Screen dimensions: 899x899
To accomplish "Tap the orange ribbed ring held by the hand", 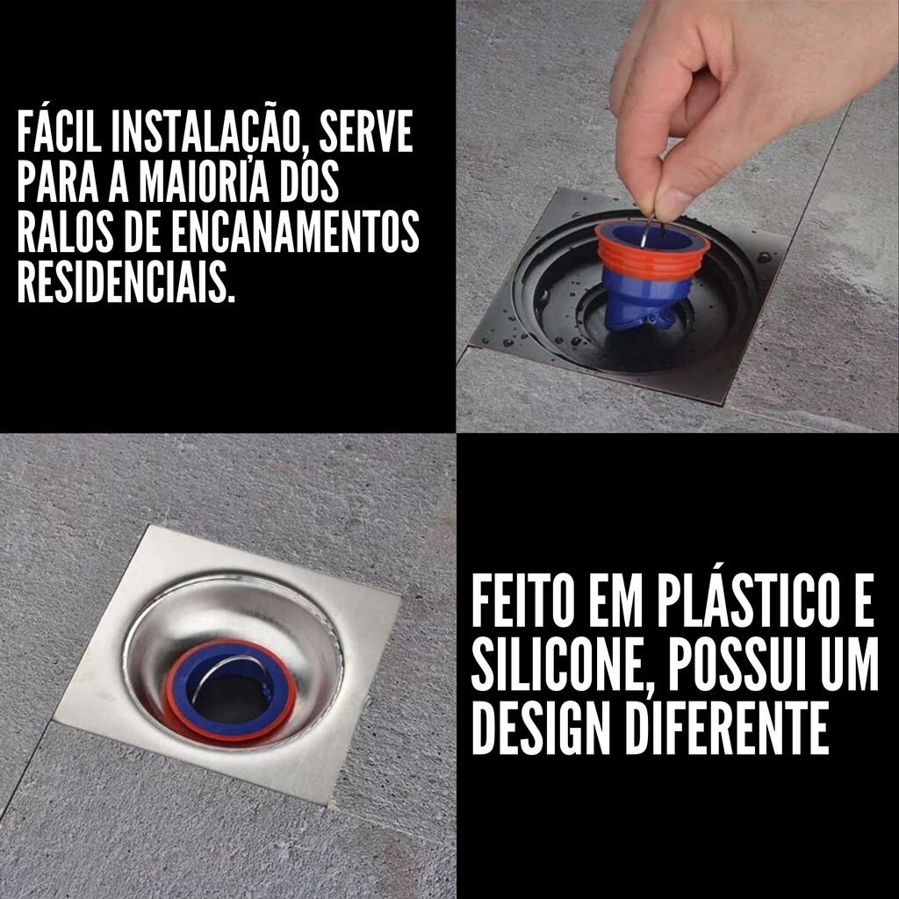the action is point(651,250).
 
